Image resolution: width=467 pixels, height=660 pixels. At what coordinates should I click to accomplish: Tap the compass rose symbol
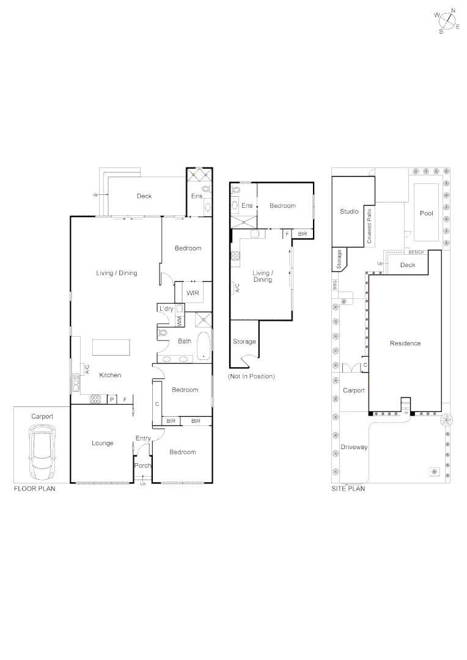click(x=449, y=21)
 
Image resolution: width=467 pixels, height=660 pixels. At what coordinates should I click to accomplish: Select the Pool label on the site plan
click(x=426, y=213)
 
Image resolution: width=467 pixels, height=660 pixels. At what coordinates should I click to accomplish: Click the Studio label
click(x=349, y=211)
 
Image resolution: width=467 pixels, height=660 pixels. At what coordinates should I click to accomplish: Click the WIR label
click(x=193, y=293)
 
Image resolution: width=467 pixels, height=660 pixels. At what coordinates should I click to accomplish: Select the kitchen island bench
click(x=111, y=347)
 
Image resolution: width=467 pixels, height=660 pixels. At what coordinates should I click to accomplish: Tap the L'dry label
click(x=166, y=309)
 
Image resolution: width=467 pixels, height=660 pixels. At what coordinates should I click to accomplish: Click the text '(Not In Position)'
click(x=251, y=376)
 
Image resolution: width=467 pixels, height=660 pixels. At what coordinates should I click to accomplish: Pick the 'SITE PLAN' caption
click(x=348, y=490)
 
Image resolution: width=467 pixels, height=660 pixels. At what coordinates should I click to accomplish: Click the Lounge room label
click(x=102, y=443)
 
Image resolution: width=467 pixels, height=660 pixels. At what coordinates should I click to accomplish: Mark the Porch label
click(x=142, y=466)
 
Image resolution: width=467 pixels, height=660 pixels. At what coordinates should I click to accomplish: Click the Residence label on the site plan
click(x=405, y=343)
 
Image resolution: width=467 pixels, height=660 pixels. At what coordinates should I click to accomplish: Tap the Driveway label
click(x=355, y=447)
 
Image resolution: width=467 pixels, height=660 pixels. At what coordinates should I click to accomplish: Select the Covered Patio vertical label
click(x=369, y=226)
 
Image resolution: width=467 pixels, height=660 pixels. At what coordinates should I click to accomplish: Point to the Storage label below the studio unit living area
click(x=245, y=342)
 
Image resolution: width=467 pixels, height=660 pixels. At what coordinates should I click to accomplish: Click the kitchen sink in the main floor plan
click(x=76, y=384)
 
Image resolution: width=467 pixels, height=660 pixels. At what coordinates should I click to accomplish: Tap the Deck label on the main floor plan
click(x=144, y=196)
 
